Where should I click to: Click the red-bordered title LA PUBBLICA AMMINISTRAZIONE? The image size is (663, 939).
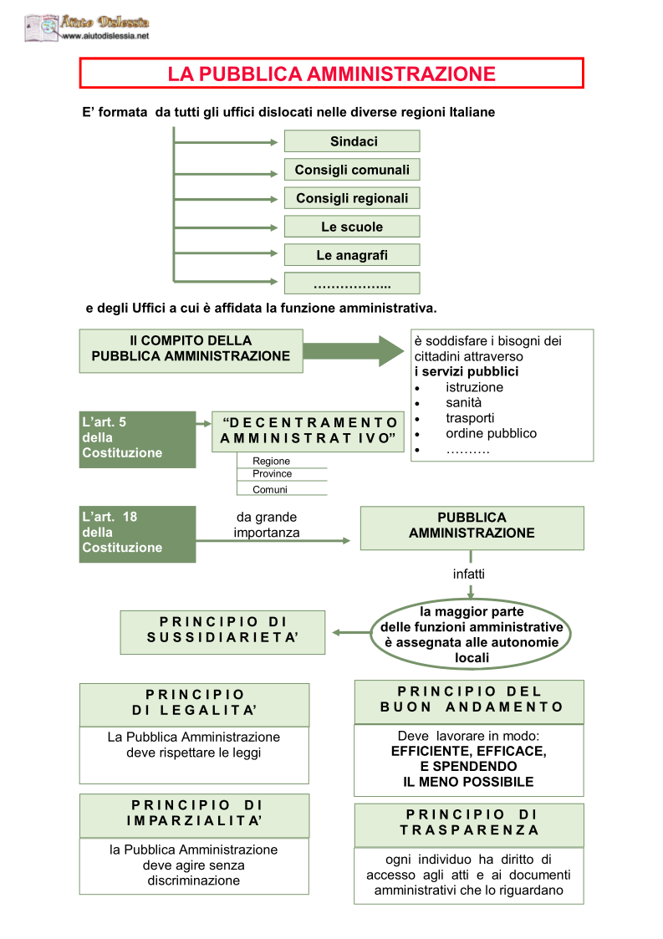point(331,73)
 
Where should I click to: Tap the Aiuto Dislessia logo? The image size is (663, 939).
point(87,28)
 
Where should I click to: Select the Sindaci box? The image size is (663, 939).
point(352,141)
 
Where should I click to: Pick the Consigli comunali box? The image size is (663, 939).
point(352,170)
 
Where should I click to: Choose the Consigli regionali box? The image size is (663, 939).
point(352,198)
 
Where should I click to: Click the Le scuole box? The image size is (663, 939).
point(352,227)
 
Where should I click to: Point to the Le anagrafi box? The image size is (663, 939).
point(352,255)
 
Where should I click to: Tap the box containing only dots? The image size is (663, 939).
point(352,283)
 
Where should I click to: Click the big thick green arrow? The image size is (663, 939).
point(354,351)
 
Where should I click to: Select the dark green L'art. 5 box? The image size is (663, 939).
point(137,440)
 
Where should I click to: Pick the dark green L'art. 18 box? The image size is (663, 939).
point(137,534)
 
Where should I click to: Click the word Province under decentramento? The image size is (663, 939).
point(272,474)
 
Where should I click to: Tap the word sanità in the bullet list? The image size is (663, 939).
point(463,402)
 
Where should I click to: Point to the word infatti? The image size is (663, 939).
point(469,574)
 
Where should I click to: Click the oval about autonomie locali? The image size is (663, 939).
point(472,634)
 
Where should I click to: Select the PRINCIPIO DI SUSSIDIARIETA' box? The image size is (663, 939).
point(222,632)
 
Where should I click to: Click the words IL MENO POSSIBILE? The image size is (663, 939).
point(468,782)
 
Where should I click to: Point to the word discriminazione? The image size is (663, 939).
point(193,880)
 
